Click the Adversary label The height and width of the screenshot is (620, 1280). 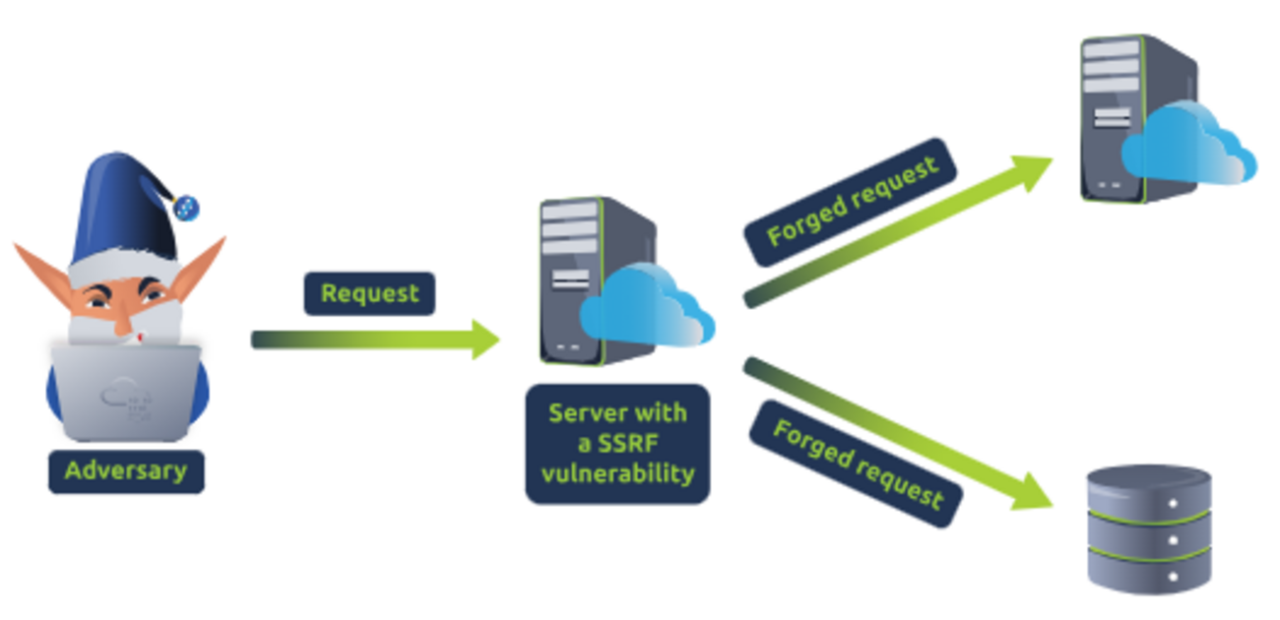tap(126, 470)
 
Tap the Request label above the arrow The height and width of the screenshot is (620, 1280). tap(369, 293)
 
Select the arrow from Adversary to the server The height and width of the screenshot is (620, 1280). tap(374, 340)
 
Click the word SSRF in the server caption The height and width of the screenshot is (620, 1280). tap(617, 443)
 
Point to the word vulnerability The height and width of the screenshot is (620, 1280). tap(617, 473)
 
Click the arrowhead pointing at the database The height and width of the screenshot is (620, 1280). tap(1034, 493)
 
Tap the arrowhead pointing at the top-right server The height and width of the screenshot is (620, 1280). tap(1033, 169)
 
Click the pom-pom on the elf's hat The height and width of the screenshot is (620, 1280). tap(185, 207)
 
